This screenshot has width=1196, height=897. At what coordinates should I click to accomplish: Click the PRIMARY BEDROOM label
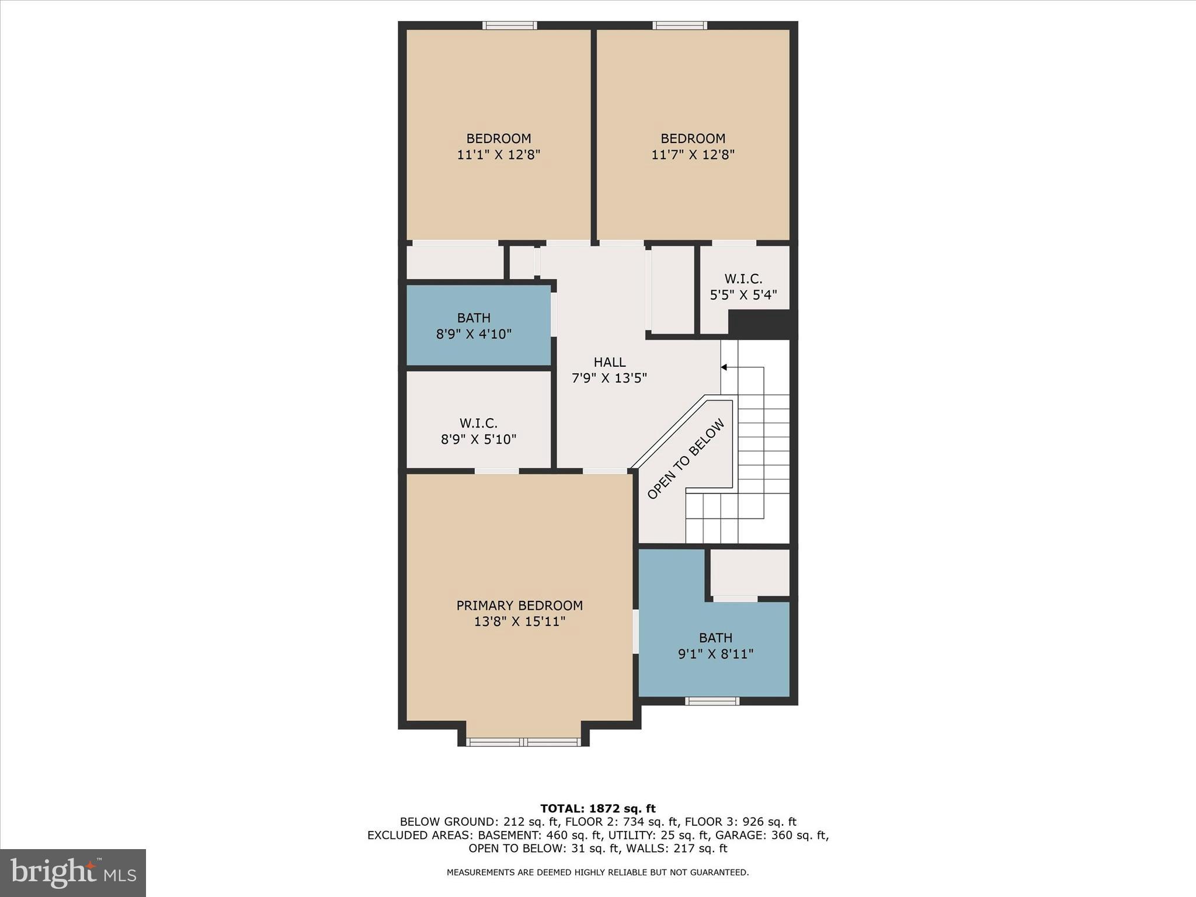pyautogui.click(x=519, y=606)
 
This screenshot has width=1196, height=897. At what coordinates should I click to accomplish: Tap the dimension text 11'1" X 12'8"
pyautogui.click(x=498, y=155)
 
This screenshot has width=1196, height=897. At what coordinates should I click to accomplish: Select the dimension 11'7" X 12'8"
pyautogui.click(x=693, y=155)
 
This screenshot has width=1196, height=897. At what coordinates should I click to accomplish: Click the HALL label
pyautogui.click(x=610, y=362)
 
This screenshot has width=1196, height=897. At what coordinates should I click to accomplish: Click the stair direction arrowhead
pyautogui.click(x=724, y=367)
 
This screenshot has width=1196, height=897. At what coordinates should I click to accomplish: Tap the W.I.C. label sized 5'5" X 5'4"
pyautogui.click(x=743, y=279)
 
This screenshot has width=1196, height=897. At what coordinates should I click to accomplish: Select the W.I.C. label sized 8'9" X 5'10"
pyautogui.click(x=478, y=423)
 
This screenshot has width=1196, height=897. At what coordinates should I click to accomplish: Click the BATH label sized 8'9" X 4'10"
pyautogui.click(x=474, y=318)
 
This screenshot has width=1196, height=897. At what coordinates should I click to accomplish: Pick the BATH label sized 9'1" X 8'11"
pyautogui.click(x=715, y=638)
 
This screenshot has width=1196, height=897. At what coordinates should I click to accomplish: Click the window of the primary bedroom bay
pyautogui.click(x=523, y=742)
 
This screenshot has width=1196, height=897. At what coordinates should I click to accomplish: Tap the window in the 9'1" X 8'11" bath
pyautogui.click(x=712, y=701)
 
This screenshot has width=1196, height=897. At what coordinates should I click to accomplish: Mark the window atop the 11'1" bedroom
pyautogui.click(x=509, y=25)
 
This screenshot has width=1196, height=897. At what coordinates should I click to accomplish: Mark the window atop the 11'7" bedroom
pyautogui.click(x=680, y=25)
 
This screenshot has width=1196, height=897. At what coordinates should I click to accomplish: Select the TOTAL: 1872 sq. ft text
pyautogui.click(x=597, y=809)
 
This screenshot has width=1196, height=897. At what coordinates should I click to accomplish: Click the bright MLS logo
pyautogui.click(x=73, y=873)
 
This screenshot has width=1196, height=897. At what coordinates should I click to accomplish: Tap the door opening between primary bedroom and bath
pyautogui.click(x=635, y=632)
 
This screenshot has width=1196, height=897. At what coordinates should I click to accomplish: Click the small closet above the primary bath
pyautogui.click(x=750, y=573)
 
